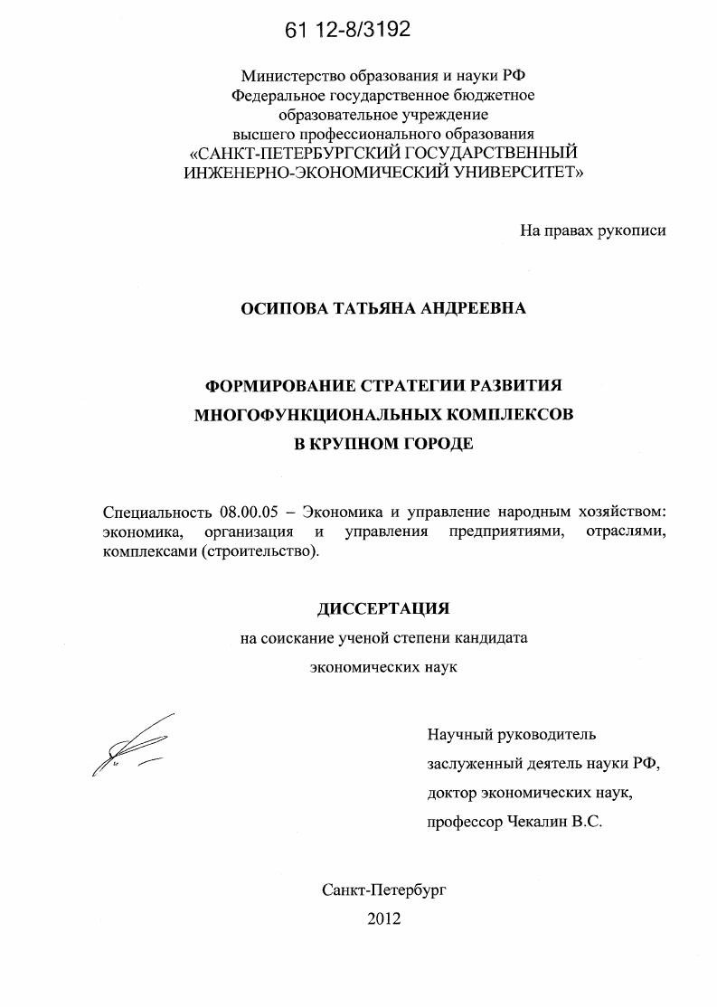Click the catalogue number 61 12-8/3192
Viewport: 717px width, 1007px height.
(x=347, y=30)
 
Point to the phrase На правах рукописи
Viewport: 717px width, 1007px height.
(x=592, y=231)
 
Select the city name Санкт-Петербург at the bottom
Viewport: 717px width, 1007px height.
(x=383, y=889)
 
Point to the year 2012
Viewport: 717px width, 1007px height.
(x=383, y=918)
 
